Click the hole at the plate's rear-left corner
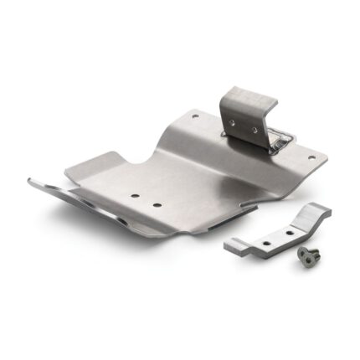pos(196,115)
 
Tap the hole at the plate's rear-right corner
pos(311,157)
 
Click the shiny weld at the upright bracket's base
pos(281,138)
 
